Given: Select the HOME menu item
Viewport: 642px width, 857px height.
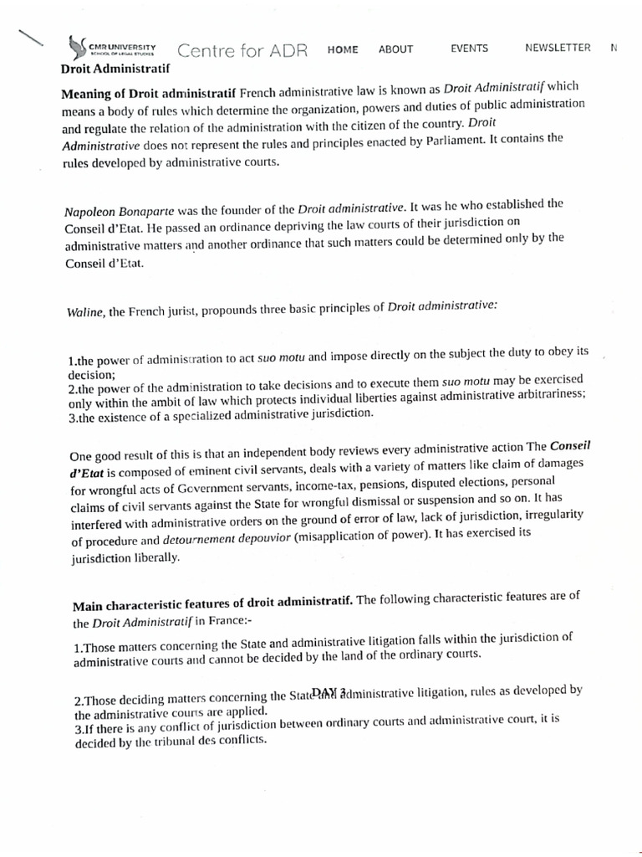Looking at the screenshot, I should [x=343, y=49].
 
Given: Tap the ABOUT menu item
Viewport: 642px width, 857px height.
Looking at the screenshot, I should [x=395, y=49].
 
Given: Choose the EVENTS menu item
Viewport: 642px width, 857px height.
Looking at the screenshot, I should [x=469, y=49].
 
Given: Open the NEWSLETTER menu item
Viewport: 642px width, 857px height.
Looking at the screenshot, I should [x=558, y=48].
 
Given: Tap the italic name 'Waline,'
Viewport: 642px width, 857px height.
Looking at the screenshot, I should [x=85, y=312].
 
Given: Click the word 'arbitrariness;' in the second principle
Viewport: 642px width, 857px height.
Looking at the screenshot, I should [x=545, y=394].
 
